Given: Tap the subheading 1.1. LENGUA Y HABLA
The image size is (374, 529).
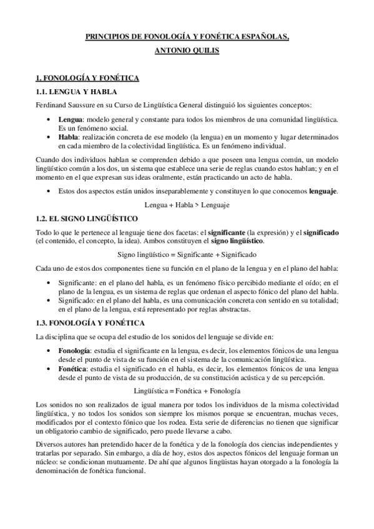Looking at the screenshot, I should (74, 92).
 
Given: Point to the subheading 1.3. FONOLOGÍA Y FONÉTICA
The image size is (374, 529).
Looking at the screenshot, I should (91, 323).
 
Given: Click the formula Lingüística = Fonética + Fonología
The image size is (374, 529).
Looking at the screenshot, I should (187, 391).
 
